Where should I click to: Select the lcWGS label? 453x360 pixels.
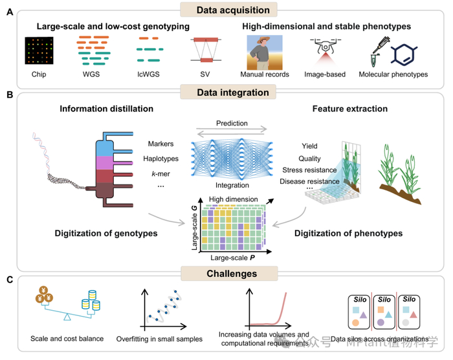(x=151, y=74)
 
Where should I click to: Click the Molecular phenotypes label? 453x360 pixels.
(x=393, y=74)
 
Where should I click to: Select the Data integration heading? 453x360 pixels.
(x=226, y=93)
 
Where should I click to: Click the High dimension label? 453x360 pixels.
(x=228, y=199)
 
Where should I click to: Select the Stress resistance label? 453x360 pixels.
(x=313, y=170)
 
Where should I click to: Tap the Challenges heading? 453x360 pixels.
(x=226, y=273)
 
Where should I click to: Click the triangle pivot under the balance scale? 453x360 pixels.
(x=67, y=318)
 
